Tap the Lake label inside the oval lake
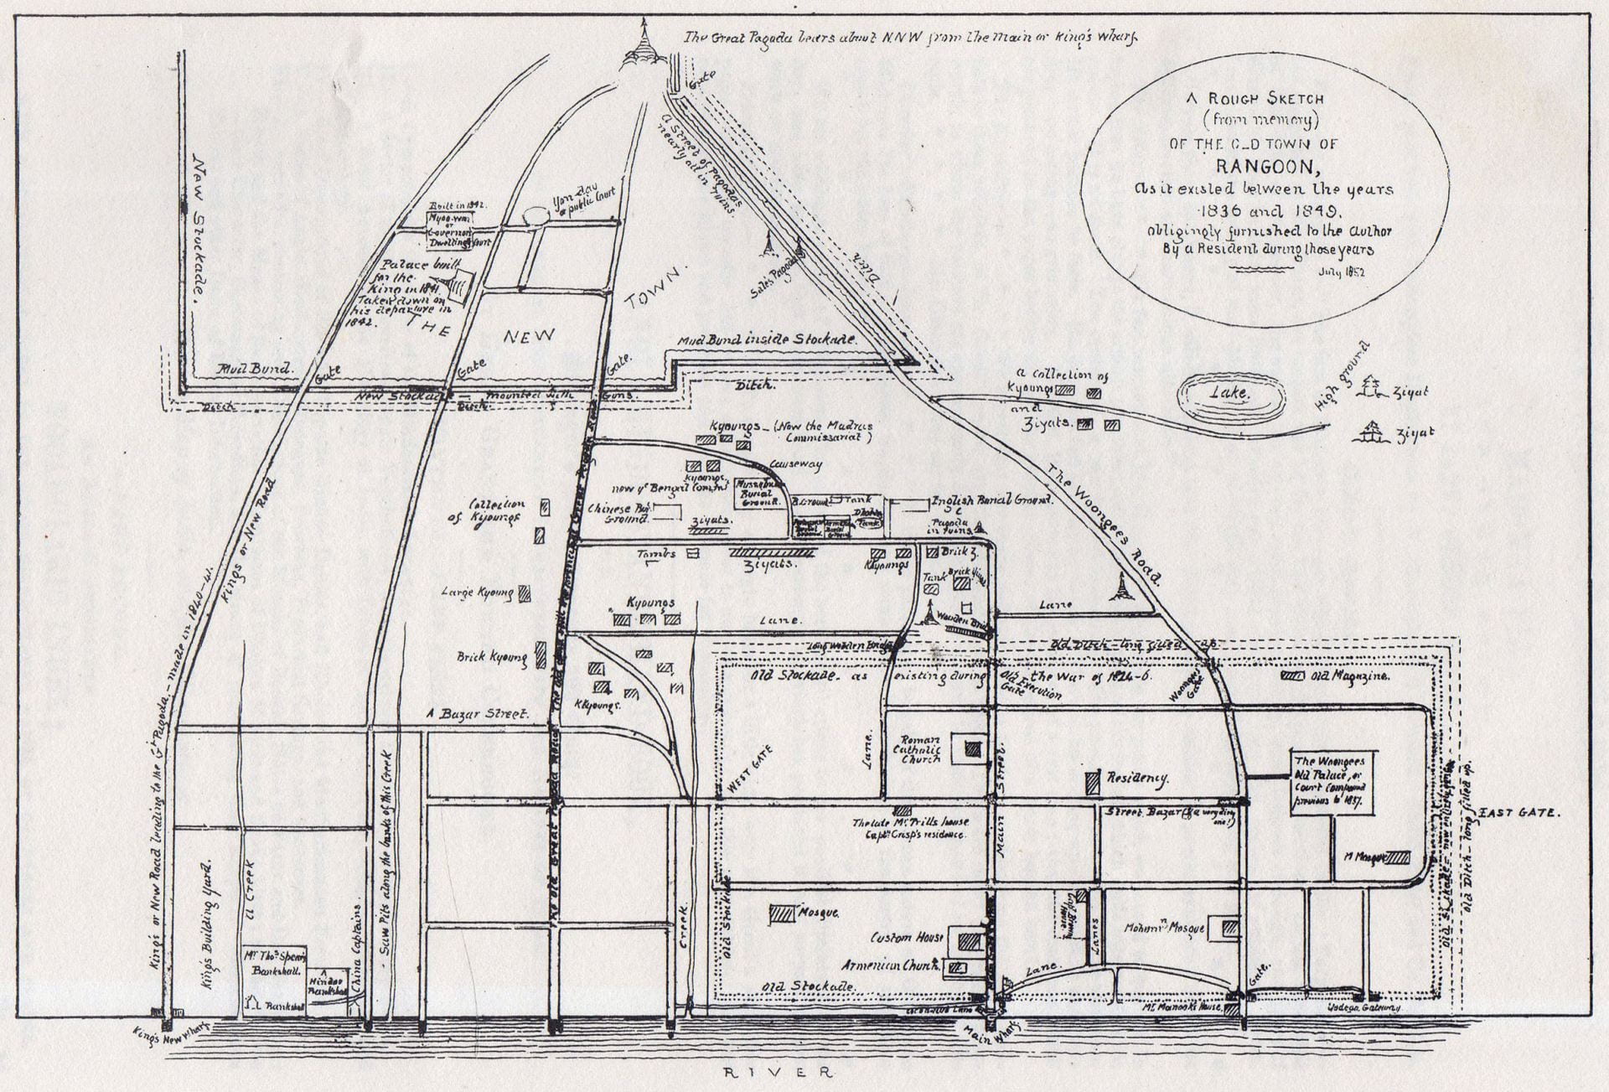(1231, 392)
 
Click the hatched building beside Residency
(1093, 782)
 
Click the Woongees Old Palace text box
(1332, 781)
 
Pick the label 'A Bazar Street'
(478, 714)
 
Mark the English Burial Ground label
(991, 501)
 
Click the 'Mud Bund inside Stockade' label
(767, 339)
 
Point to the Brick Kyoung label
(492, 657)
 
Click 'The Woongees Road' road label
(1104, 523)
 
